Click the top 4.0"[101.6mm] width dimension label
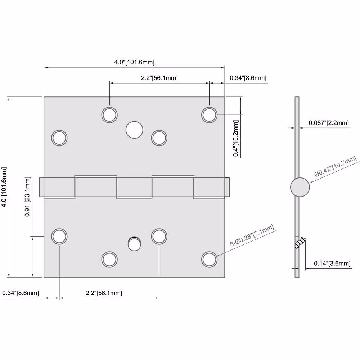point(134,62)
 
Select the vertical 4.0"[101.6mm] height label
point(4,187)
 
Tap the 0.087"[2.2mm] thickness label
point(329,123)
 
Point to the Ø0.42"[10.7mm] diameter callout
point(335,166)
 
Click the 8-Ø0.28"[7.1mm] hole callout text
point(252,235)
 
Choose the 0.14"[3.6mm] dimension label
point(332,264)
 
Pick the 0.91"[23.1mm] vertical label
point(27,197)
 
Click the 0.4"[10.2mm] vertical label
point(236,138)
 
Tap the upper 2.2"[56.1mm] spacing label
point(159,78)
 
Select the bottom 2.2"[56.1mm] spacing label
point(104,293)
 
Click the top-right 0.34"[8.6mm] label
point(248,78)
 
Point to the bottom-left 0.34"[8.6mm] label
point(21,293)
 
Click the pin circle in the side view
point(300,187)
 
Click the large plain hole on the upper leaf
point(134,130)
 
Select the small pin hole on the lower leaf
point(134,244)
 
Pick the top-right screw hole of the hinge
point(209,115)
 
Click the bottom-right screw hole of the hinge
point(209,260)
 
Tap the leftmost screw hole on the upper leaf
point(59,138)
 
